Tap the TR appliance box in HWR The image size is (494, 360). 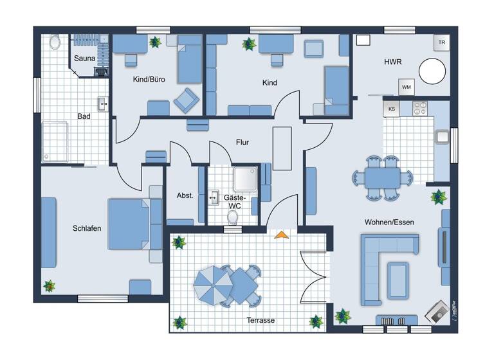pyautogui.click(x=441, y=43)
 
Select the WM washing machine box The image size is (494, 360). pyautogui.click(x=406, y=87)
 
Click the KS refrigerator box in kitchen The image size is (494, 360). pyautogui.click(x=391, y=109)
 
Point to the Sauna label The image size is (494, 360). pyautogui.click(x=84, y=59)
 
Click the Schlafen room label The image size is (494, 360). pyautogui.click(x=87, y=228)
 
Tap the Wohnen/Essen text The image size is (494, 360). pyautogui.click(x=389, y=222)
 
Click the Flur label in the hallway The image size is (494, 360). pyautogui.click(x=242, y=142)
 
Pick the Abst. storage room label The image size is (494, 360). pyautogui.click(x=185, y=195)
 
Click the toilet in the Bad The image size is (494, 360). pyautogui.click(x=54, y=42)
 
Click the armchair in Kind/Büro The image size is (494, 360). pyautogui.click(x=187, y=99)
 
